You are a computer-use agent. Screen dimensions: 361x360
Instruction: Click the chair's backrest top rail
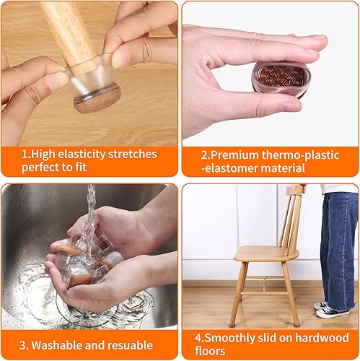point(296,191)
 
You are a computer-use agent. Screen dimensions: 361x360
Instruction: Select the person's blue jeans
point(338,245)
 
